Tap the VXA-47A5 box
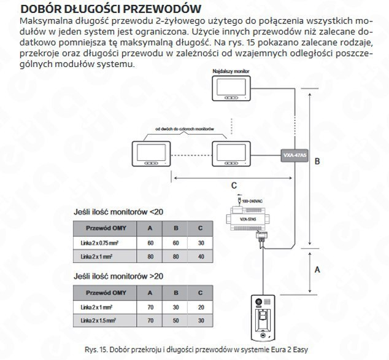pos(295,155)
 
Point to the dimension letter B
pos(318,162)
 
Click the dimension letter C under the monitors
pos(234,185)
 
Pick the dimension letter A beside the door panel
pos(317,268)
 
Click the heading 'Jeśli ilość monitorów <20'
pos(118,212)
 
